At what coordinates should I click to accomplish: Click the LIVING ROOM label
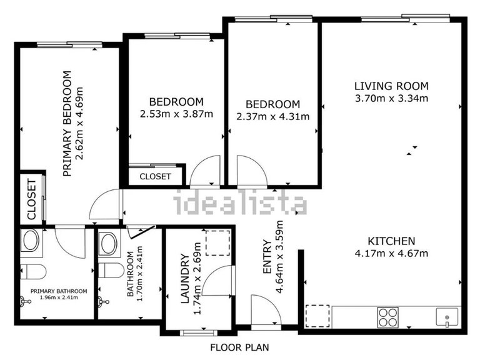391,86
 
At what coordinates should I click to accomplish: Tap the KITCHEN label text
391,241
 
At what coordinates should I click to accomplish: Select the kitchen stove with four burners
387,317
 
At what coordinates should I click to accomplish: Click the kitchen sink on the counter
447,318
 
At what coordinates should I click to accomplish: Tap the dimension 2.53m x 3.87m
176,114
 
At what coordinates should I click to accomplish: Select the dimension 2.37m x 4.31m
272,116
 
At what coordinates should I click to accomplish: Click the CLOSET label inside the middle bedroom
155,177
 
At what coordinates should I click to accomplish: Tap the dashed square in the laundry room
218,242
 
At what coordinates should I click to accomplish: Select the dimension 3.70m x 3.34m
391,98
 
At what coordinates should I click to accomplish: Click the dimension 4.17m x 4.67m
391,253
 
